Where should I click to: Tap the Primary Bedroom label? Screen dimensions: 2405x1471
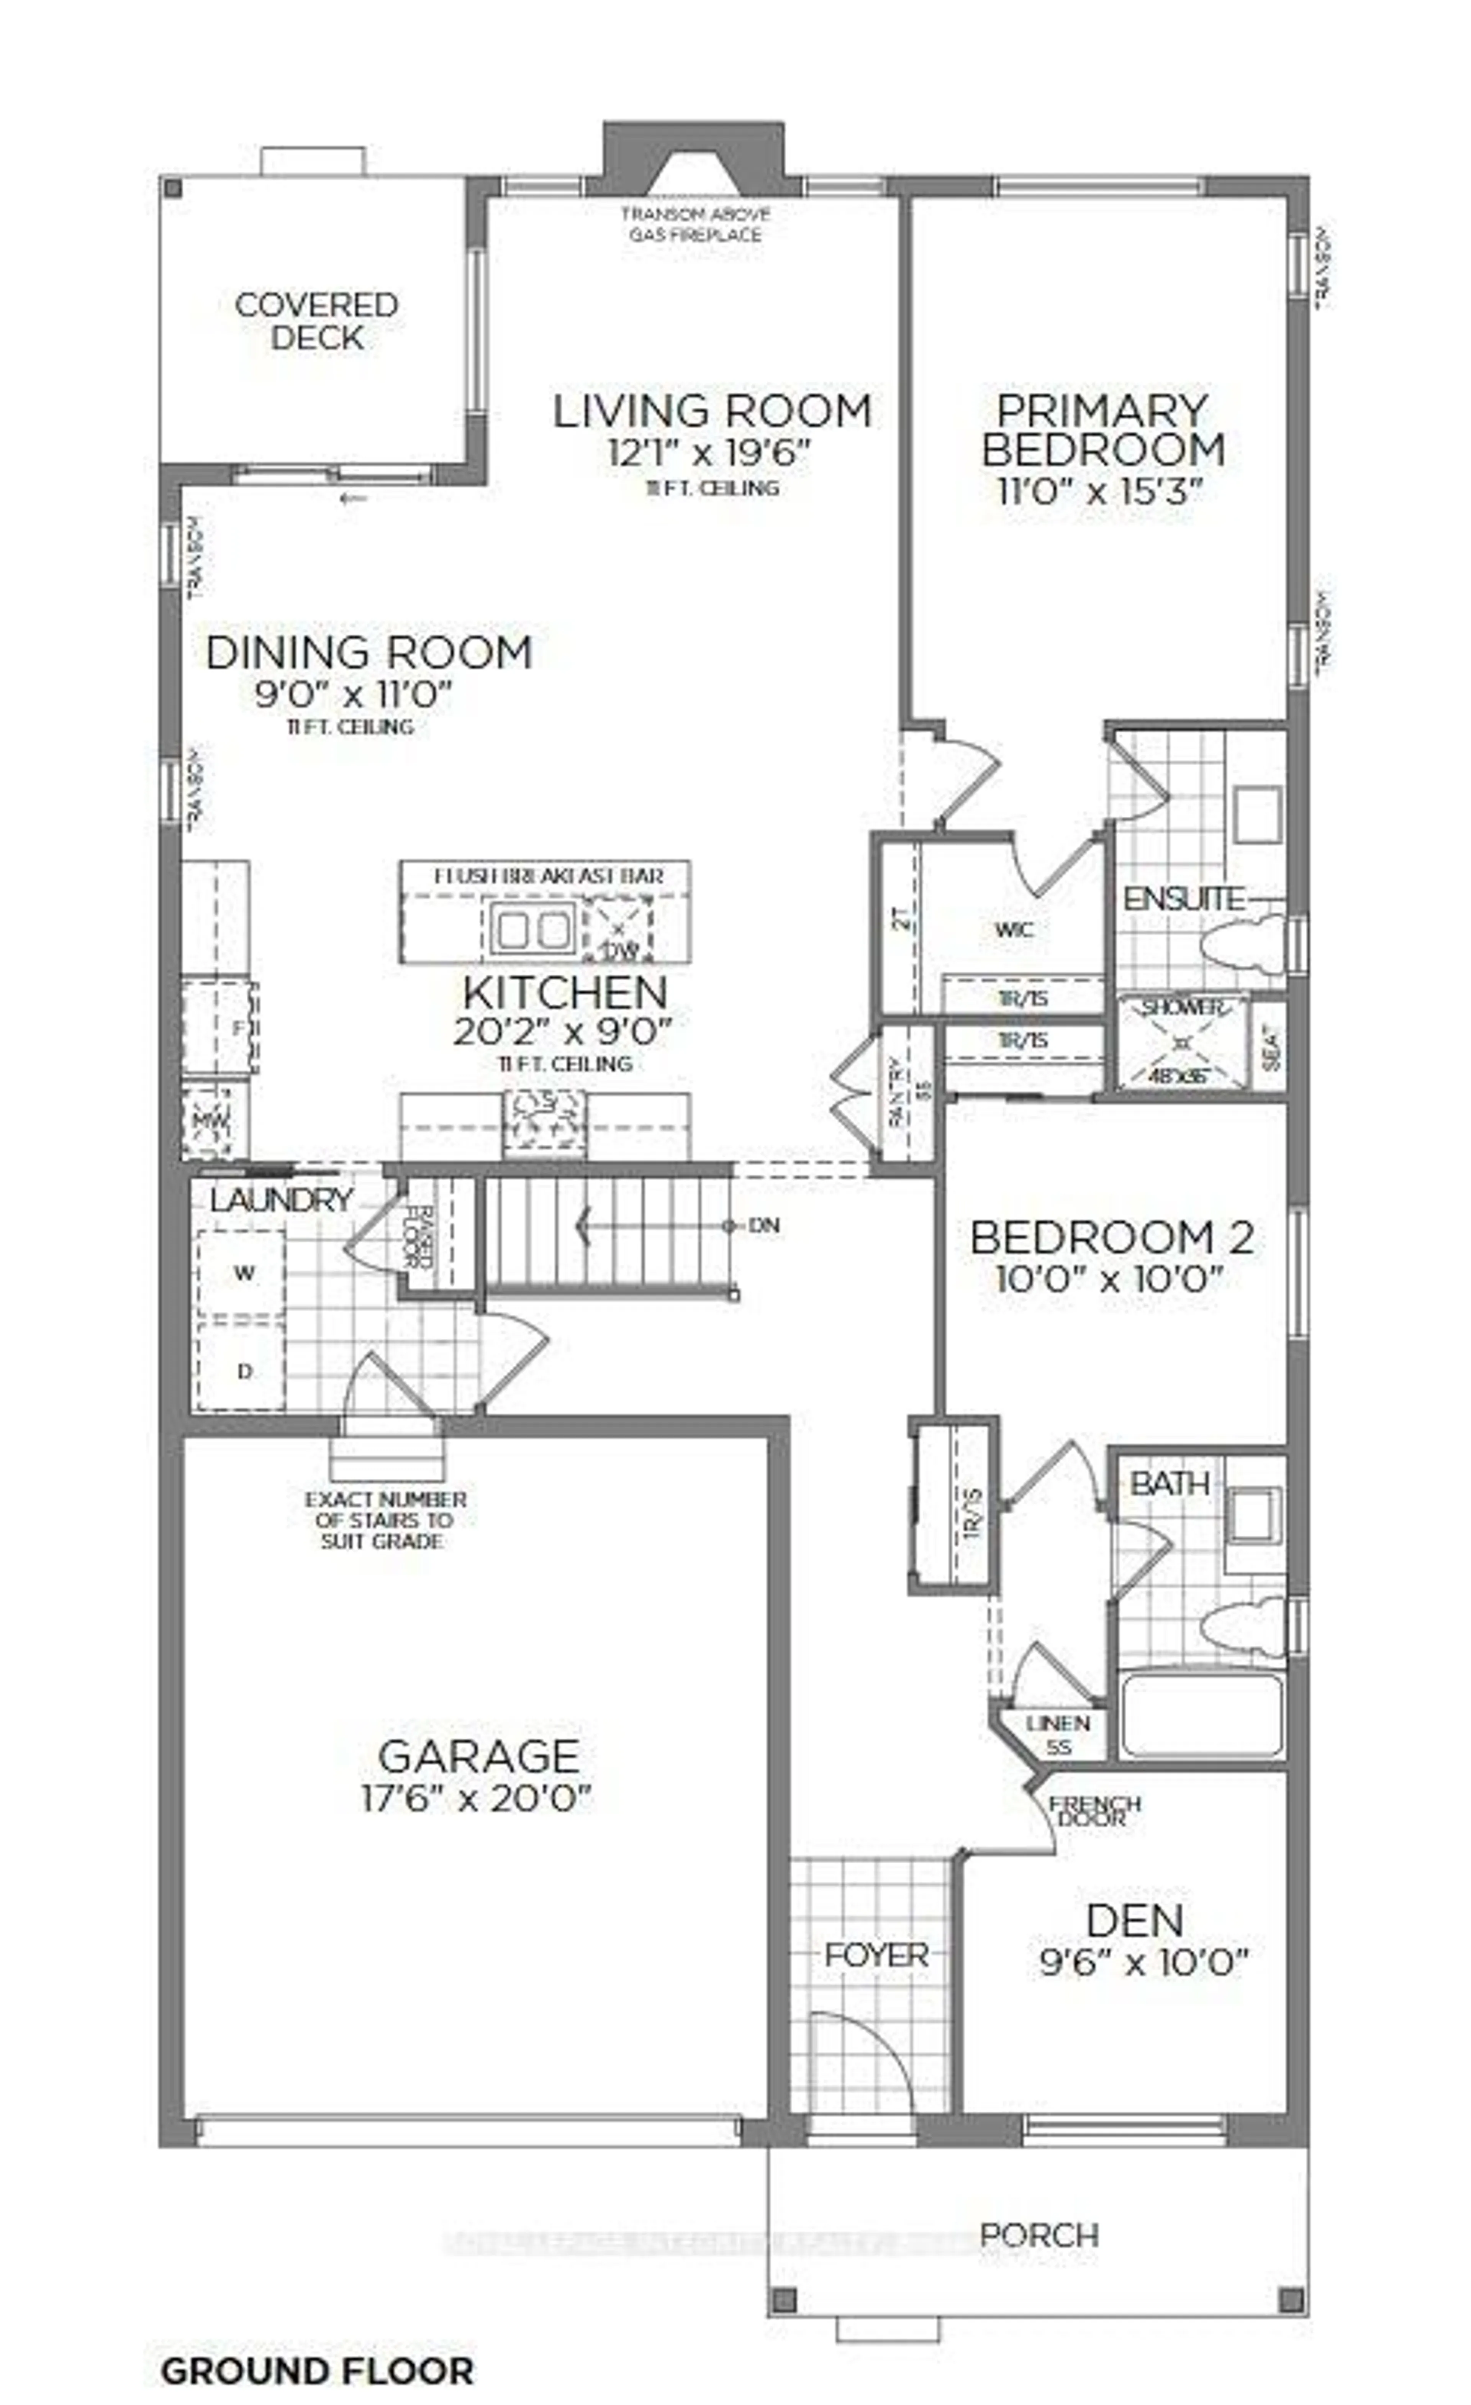1102,429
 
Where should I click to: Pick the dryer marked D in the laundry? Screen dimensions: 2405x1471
242,1370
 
